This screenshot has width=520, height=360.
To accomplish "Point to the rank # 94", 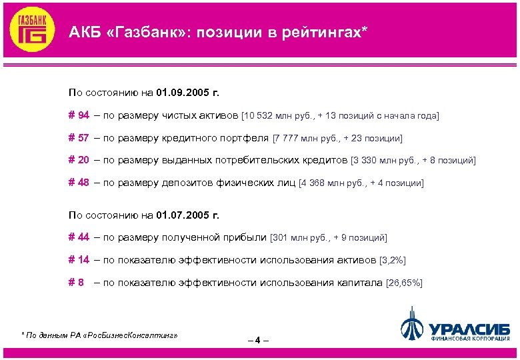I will tap(79, 115).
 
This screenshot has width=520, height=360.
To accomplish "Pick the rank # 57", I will tap(79, 138).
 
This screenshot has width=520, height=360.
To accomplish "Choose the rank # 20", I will tap(79, 160).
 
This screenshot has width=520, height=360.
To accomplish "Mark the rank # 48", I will tap(79, 183).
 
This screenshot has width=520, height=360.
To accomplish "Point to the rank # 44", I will tap(79, 237).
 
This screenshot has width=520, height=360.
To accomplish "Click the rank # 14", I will tap(79, 260).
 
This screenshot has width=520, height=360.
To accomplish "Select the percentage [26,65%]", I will tap(404, 283).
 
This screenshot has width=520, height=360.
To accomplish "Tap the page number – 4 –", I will tap(257, 341).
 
